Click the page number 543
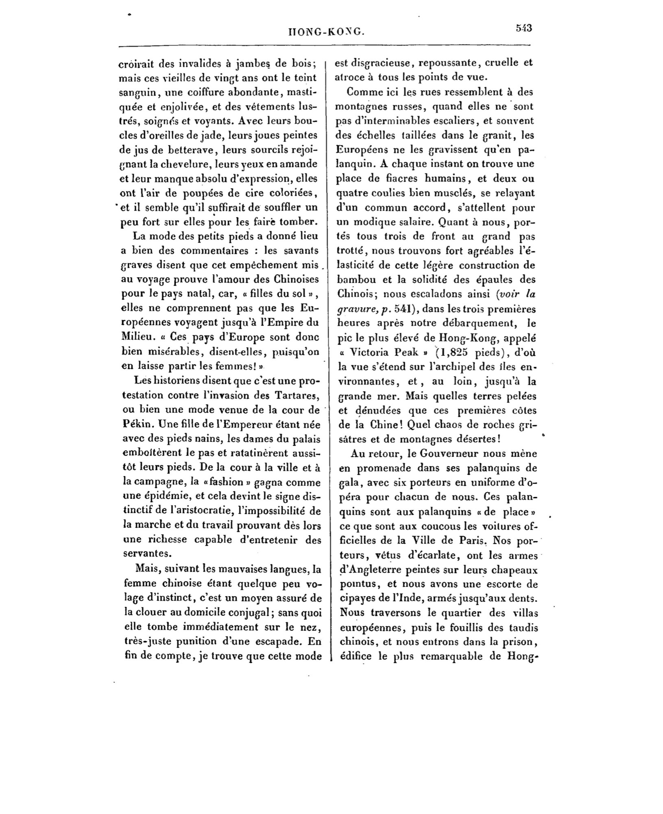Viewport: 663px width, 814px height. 524,28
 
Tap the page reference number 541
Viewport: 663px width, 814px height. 403,309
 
